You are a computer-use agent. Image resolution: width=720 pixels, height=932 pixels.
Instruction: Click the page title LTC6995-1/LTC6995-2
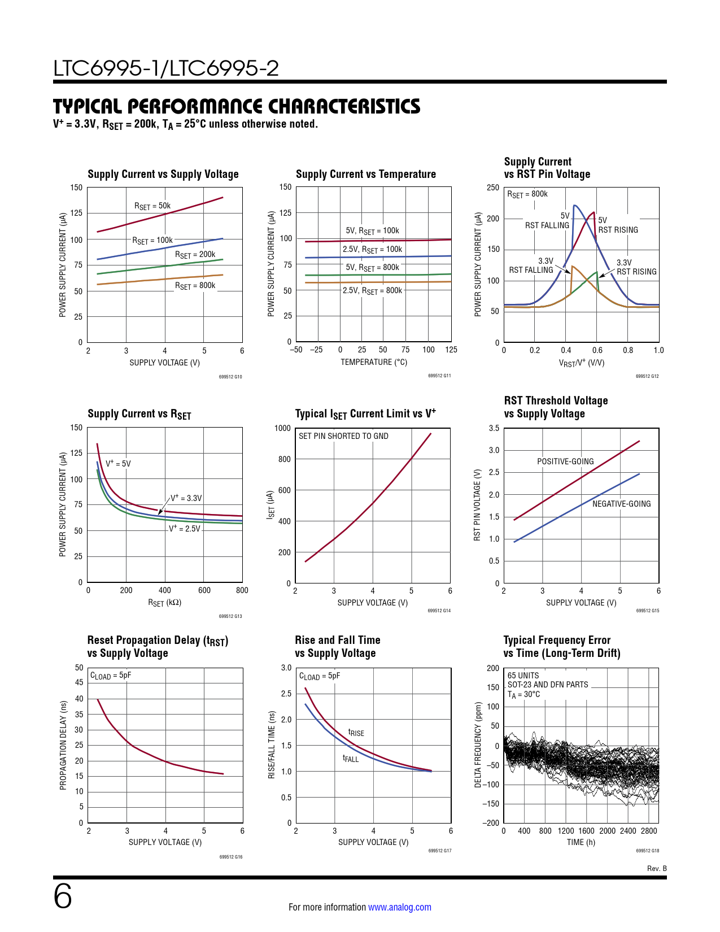point(166,68)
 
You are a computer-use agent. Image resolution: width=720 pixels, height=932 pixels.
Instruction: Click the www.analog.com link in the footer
point(399,907)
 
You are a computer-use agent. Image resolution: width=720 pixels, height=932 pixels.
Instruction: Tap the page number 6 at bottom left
point(63,896)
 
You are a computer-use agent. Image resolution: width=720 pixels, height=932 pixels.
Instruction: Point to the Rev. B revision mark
point(657,868)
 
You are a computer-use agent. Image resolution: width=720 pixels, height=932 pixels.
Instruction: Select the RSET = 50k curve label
point(152,206)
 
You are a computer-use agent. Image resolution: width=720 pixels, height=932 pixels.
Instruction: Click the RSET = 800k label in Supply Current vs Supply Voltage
point(195,286)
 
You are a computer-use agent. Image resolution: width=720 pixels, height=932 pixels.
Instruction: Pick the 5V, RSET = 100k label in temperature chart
point(372,231)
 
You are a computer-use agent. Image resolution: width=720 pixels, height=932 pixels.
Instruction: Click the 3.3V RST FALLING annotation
point(531,265)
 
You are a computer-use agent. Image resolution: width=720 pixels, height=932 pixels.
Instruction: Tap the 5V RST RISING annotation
point(618,225)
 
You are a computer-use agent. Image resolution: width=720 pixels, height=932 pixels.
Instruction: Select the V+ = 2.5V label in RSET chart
point(185,529)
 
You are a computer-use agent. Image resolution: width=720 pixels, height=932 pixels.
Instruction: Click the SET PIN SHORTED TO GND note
point(343,436)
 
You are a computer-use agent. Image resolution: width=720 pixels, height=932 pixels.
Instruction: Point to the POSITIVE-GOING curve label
point(565,461)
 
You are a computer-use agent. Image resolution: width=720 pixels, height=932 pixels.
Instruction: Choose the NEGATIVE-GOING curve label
point(621,504)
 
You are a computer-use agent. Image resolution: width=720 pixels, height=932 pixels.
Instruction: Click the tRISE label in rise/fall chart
point(356,733)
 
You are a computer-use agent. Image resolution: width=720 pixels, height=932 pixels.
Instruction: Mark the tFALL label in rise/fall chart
point(351,759)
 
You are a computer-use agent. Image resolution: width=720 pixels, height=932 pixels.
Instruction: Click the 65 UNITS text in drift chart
point(523,676)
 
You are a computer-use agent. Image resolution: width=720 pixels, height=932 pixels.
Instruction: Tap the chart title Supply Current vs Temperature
point(366,174)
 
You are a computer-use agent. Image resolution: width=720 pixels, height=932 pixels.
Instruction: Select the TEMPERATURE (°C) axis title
point(373,362)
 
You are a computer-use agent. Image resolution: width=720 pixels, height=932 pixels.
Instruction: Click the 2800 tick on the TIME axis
point(649,831)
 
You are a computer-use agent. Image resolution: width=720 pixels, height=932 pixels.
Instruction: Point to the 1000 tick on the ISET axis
point(282,428)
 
